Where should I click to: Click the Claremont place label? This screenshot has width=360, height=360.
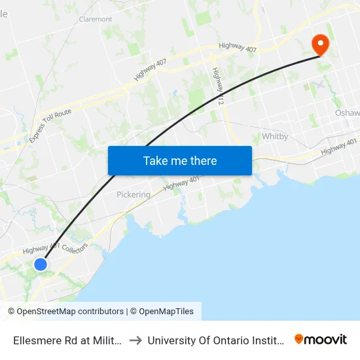(96, 19)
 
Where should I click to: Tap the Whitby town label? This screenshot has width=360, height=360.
(275, 137)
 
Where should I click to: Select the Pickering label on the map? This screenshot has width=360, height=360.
(133, 194)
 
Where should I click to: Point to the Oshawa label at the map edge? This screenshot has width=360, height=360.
(347, 113)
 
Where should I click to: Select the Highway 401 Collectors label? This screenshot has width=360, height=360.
(55, 247)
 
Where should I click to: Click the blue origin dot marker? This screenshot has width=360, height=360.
(41, 264)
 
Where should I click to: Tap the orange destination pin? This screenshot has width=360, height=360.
(321, 44)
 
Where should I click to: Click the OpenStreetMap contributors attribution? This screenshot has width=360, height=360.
(65, 312)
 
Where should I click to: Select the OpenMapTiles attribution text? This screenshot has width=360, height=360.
(164, 312)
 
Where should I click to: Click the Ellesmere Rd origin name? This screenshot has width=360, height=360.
(65, 340)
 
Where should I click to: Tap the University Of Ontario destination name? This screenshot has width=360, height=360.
(215, 340)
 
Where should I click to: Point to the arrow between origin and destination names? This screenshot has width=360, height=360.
(137, 340)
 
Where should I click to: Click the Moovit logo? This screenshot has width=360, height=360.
(321, 339)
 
